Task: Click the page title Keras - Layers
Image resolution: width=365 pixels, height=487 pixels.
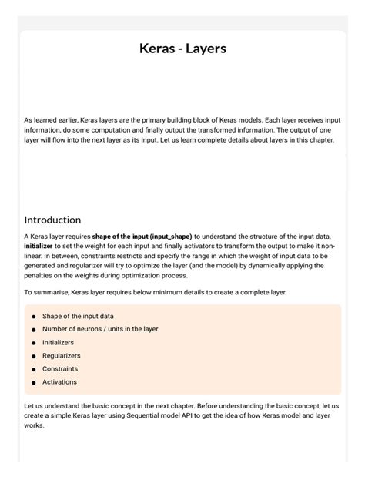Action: pyautogui.click(x=182, y=49)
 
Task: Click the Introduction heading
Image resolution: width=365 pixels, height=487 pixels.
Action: pyautogui.click(x=52, y=220)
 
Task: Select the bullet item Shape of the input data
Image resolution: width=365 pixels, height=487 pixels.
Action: pyautogui.click(x=78, y=316)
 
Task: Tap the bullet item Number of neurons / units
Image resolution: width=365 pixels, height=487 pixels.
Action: pyautogui.click(x=100, y=329)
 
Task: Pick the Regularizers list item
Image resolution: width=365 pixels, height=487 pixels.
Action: pyautogui.click(x=62, y=355)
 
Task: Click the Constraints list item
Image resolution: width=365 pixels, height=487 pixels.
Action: pyautogui.click(x=60, y=368)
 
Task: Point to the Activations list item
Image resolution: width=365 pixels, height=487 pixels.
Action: pyautogui.click(x=59, y=381)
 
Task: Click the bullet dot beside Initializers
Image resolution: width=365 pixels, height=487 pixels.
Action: pyautogui.click(x=34, y=343)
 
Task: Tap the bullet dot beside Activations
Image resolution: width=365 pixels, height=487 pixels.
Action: pyautogui.click(x=34, y=382)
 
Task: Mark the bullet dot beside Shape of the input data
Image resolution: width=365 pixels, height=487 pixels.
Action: pyautogui.click(x=34, y=317)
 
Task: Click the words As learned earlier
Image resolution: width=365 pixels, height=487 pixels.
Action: pyautogui.click(x=50, y=121)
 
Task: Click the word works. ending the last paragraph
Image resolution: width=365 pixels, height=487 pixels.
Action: pyautogui.click(x=35, y=425)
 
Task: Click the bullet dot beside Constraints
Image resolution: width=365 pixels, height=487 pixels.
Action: pyautogui.click(x=34, y=369)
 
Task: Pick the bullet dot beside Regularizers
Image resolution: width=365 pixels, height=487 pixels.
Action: pyautogui.click(x=34, y=356)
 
